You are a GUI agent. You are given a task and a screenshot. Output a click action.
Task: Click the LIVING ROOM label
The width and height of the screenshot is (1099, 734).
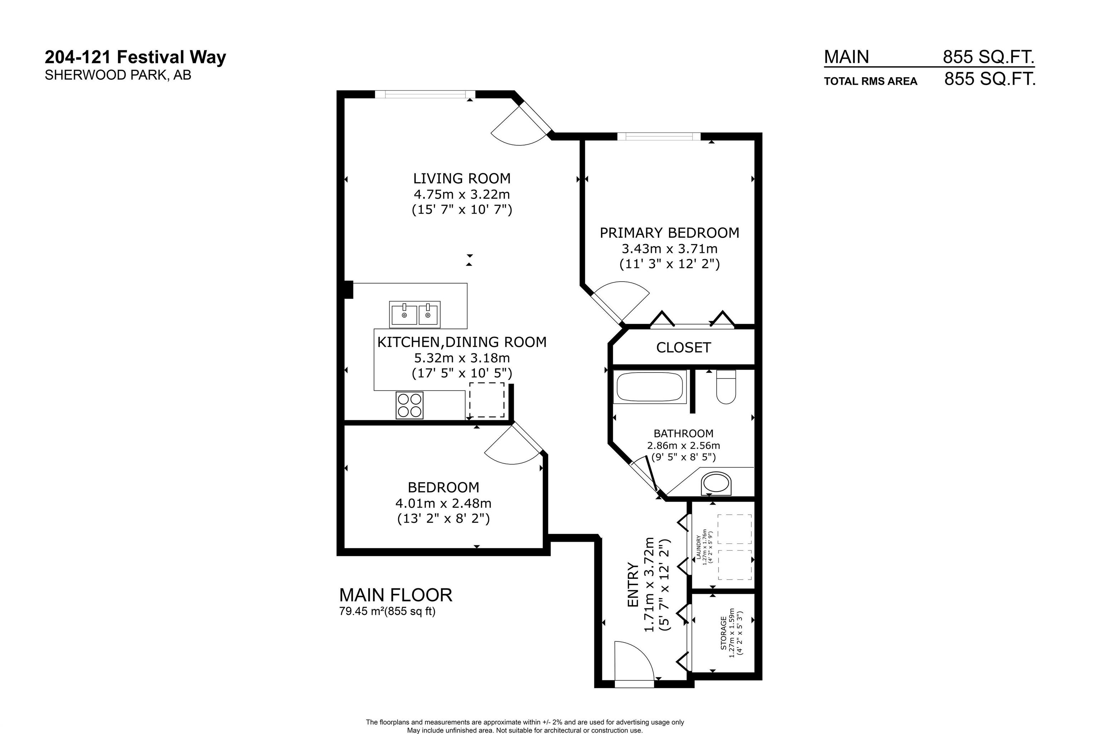[461, 178]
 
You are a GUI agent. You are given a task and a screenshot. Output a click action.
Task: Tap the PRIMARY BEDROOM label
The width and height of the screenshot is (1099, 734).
[669, 233]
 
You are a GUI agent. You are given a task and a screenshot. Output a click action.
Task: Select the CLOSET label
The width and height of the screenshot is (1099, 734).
[683, 347]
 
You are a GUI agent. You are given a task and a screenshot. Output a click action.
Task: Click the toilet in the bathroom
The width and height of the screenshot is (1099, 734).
[726, 387]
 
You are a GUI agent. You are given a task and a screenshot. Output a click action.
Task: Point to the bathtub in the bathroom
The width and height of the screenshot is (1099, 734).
[650, 387]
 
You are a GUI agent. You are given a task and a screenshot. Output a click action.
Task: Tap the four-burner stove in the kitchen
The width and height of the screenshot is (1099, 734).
[410, 405]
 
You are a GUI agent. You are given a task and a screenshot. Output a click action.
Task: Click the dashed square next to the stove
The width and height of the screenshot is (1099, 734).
[487, 400]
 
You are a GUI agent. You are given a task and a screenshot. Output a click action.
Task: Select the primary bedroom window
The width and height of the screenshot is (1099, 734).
[659, 137]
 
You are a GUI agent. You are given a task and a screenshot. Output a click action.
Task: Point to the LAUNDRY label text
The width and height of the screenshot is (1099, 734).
[699, 548]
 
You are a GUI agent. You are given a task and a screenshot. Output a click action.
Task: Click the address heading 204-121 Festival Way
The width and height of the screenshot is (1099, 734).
[136, 58]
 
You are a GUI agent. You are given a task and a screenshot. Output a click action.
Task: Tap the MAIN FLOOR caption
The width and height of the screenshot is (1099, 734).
[396, 595]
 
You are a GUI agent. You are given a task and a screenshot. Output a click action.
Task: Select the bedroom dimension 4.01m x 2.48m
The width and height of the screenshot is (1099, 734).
[443, 503]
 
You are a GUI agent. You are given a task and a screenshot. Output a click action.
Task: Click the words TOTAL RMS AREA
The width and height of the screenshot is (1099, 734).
[871, 82]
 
